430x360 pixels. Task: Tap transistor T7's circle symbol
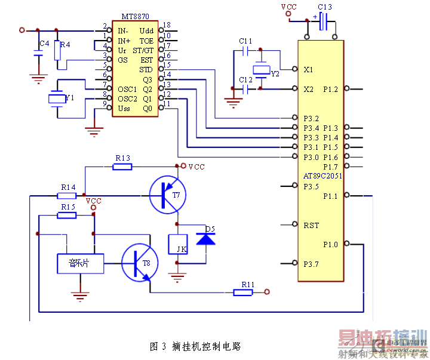pyautogui.click(x=168, y=194)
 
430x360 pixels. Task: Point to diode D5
pyautogui.click(x=206, y=239)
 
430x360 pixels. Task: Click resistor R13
pyautogui.click(x=122, y=167)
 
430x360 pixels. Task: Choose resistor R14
pyautogui.click(x=67, y=195)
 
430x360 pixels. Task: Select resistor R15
pyautogui.click(x=67, y=215)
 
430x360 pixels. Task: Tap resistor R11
pyautogui.click(x=244, y=292)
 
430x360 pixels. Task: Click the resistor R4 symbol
pyautogui.click(x=58, y=51)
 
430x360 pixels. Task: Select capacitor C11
pyautogui.click(x=246, y=51)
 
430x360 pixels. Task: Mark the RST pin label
pyautogui.click(x=311, y=225)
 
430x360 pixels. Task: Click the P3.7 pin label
pyautogui.click(x=311, y=264)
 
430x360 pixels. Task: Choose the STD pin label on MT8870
pyautogui.click(x=146, y=69)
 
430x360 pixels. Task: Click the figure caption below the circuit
pyautogui.click(x=195, y=346)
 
